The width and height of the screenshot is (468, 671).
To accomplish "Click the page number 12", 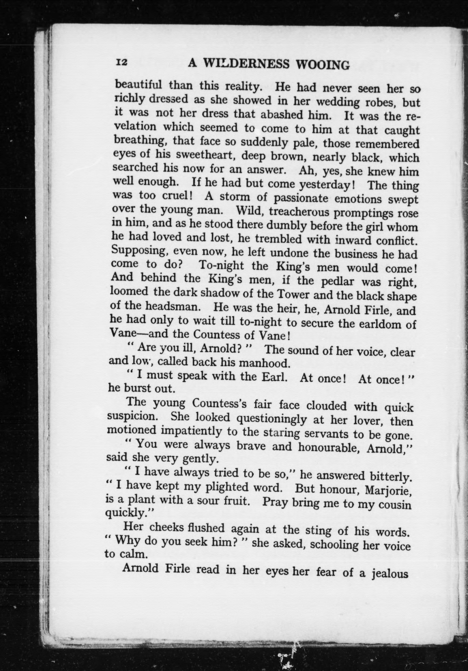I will (121, 63).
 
